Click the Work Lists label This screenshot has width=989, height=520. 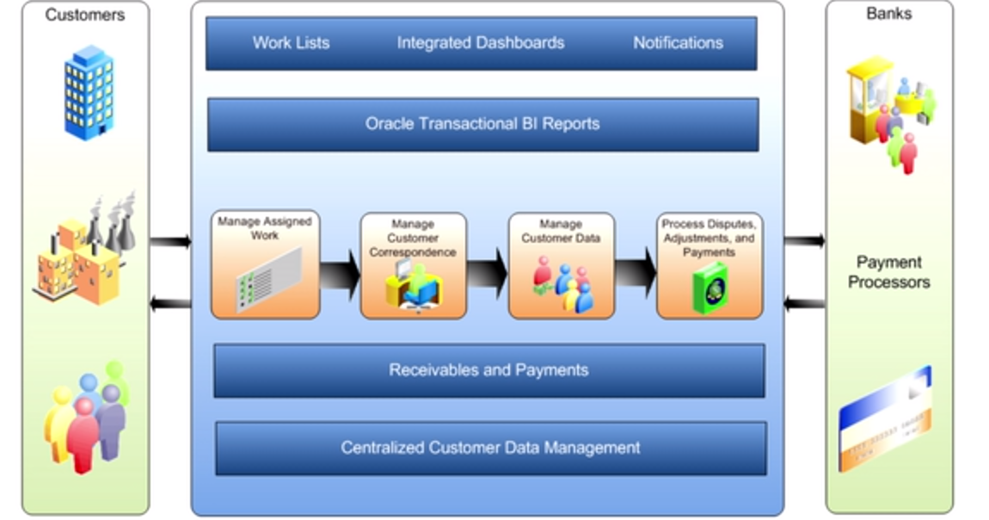[291, 43]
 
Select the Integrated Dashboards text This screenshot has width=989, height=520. [481, 43]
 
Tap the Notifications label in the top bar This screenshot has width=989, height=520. [678, 43]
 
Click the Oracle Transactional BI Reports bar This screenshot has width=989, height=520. [482, 124]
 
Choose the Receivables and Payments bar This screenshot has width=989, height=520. [488, 371]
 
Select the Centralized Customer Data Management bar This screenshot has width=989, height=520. [490, 449]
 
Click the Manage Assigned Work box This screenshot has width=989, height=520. [265, 265]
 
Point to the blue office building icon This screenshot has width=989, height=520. [89, 91]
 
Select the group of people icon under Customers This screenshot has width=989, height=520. [86, 418]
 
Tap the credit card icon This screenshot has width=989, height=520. [885, 419]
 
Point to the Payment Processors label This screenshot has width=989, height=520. [888, 272]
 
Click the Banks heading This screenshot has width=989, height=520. [888, 14]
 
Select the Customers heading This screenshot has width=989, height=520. [84, 15]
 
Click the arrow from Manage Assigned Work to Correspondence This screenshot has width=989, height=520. [340, 275]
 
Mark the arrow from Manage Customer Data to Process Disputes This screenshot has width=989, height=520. [636, 275]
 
